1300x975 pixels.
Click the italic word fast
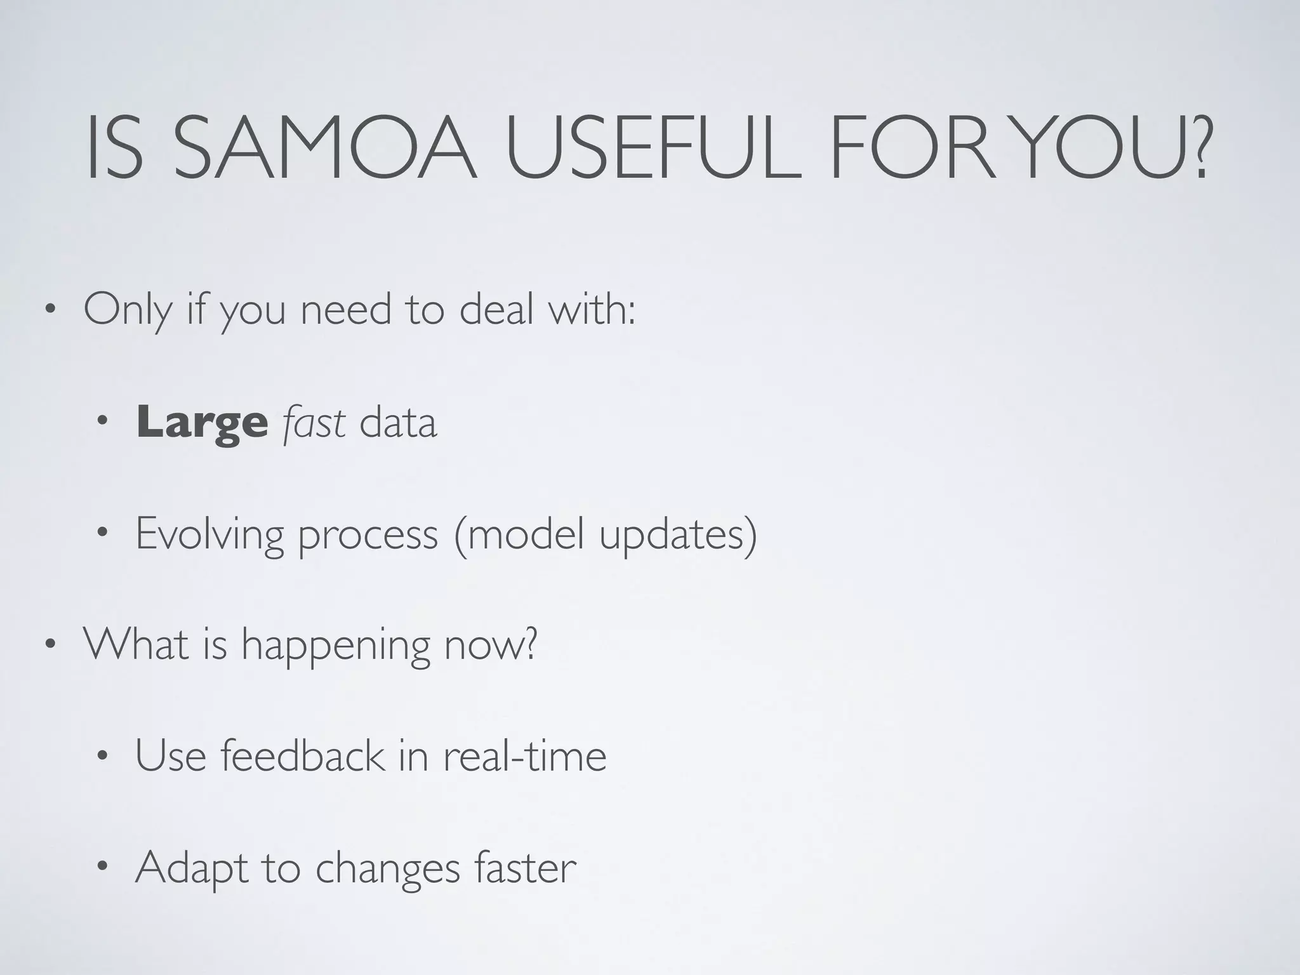(314, 423)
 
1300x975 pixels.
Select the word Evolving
(209, 535)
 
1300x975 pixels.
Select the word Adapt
(191, 868)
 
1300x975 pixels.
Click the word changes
(387, 868)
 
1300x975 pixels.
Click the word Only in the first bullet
(128, 311)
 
